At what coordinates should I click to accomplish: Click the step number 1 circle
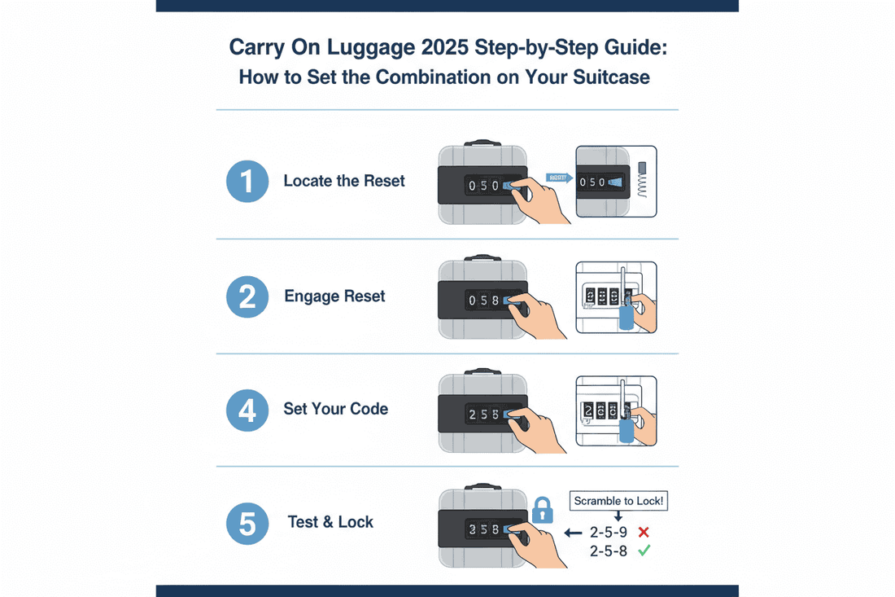tap(247, 181)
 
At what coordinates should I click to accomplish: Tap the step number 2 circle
tap(247, 296)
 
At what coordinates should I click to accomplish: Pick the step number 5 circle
tap(247, 522)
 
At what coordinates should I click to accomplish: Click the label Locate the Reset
tap(344, 181)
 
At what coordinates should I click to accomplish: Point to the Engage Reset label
tap(334, 296)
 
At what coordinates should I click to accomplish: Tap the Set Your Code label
tap(335, 409)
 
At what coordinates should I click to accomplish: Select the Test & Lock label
tap(330, 522)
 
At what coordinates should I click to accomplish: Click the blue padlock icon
tap(542, 511)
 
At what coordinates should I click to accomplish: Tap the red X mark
tap(643, 533)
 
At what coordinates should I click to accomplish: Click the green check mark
tap(643, 551)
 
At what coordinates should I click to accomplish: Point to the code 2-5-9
tap(607, 533)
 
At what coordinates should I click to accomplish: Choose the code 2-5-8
tap(607, 551)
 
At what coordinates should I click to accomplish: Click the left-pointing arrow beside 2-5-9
tap(573, 533)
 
